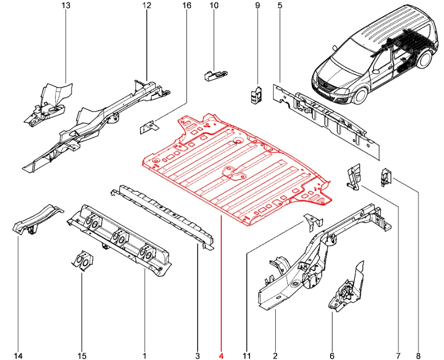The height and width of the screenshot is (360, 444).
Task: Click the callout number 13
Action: [x=66, y=6]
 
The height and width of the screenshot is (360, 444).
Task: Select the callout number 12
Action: [x=147, y=6]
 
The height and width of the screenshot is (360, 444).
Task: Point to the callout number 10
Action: [x=214, y=6]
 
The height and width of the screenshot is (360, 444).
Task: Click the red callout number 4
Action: [x=221, y=356]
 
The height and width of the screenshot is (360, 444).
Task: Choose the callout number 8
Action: [x=418, y=356]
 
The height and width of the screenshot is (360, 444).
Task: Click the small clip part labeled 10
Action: [x=214, y=76]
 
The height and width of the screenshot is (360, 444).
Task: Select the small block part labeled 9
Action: [x=256, y=95]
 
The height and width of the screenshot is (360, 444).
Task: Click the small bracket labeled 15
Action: [x=83, y=260]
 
